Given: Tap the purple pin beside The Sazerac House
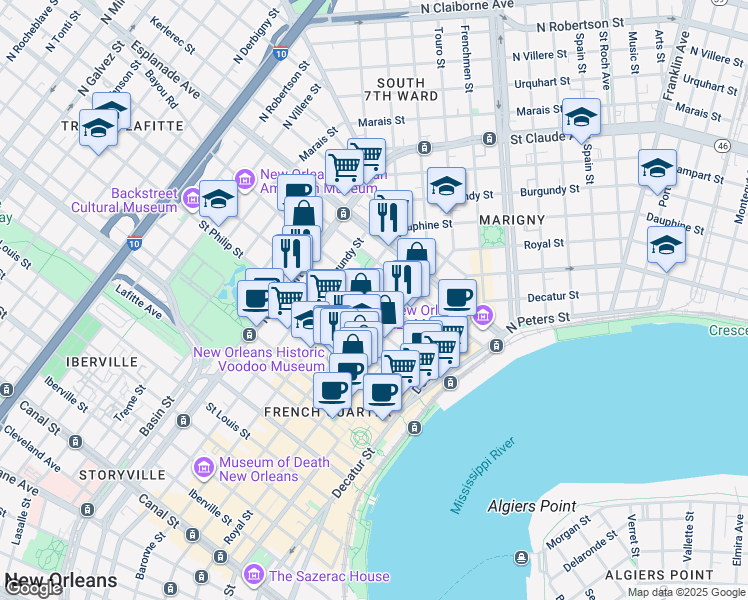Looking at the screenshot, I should pos(253,575).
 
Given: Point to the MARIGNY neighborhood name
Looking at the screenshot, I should pos(511,219).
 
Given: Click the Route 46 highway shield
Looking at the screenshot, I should pos(721,145).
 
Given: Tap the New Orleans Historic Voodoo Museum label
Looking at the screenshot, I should pos(258,359).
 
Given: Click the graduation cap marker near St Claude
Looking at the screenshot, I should pos(580,118).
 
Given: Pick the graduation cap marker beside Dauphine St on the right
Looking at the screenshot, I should pos(666,245).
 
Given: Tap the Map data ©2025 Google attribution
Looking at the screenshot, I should pos(685,592).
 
